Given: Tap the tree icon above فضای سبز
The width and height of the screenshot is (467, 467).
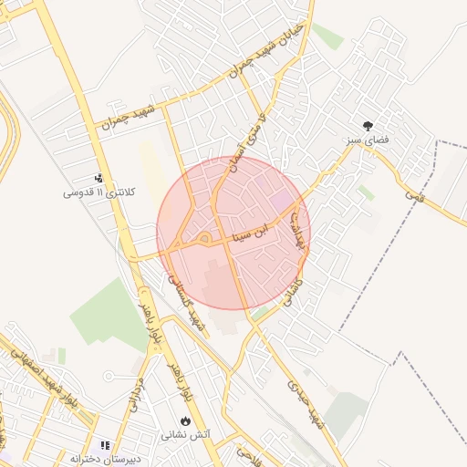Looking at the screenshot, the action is (368, 127).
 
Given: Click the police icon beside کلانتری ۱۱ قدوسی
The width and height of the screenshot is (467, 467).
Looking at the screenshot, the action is (99, 178).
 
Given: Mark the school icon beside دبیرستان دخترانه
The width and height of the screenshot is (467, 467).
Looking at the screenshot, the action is (105, 445).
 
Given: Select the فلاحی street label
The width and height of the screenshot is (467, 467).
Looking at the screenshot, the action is (249, 451).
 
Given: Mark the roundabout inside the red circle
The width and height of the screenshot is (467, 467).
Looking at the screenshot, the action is (204, 239).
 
